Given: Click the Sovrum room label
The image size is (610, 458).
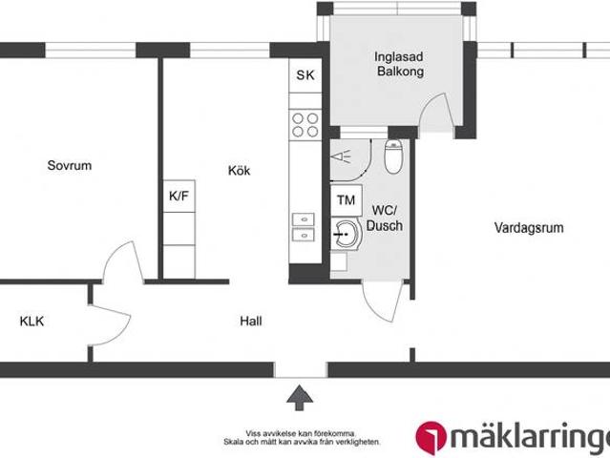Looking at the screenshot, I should click(x=70, y=165).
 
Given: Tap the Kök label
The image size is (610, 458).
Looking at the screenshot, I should click(x=239, y=171).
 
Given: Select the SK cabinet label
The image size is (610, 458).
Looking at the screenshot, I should click(x=305, y=75).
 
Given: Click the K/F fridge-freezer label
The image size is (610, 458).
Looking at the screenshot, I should click(x=179, y=196).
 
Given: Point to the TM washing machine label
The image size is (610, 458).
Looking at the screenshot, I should click(x=345, y=200).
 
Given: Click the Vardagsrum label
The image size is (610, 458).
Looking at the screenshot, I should click(x=528, y=228).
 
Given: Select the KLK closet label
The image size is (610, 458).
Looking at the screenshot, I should click(x=32, y=321).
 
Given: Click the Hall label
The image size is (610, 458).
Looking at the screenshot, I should click(x=251, y=321).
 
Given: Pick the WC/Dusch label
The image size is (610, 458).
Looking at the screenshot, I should click(x=388, y=219).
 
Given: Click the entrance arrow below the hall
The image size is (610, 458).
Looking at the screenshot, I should click(x=300, y=396).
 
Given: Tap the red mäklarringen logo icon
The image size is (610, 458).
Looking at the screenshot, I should click(x=433, y=435).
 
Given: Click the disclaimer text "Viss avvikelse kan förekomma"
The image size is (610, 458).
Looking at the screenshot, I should click(x=300, y=431).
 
